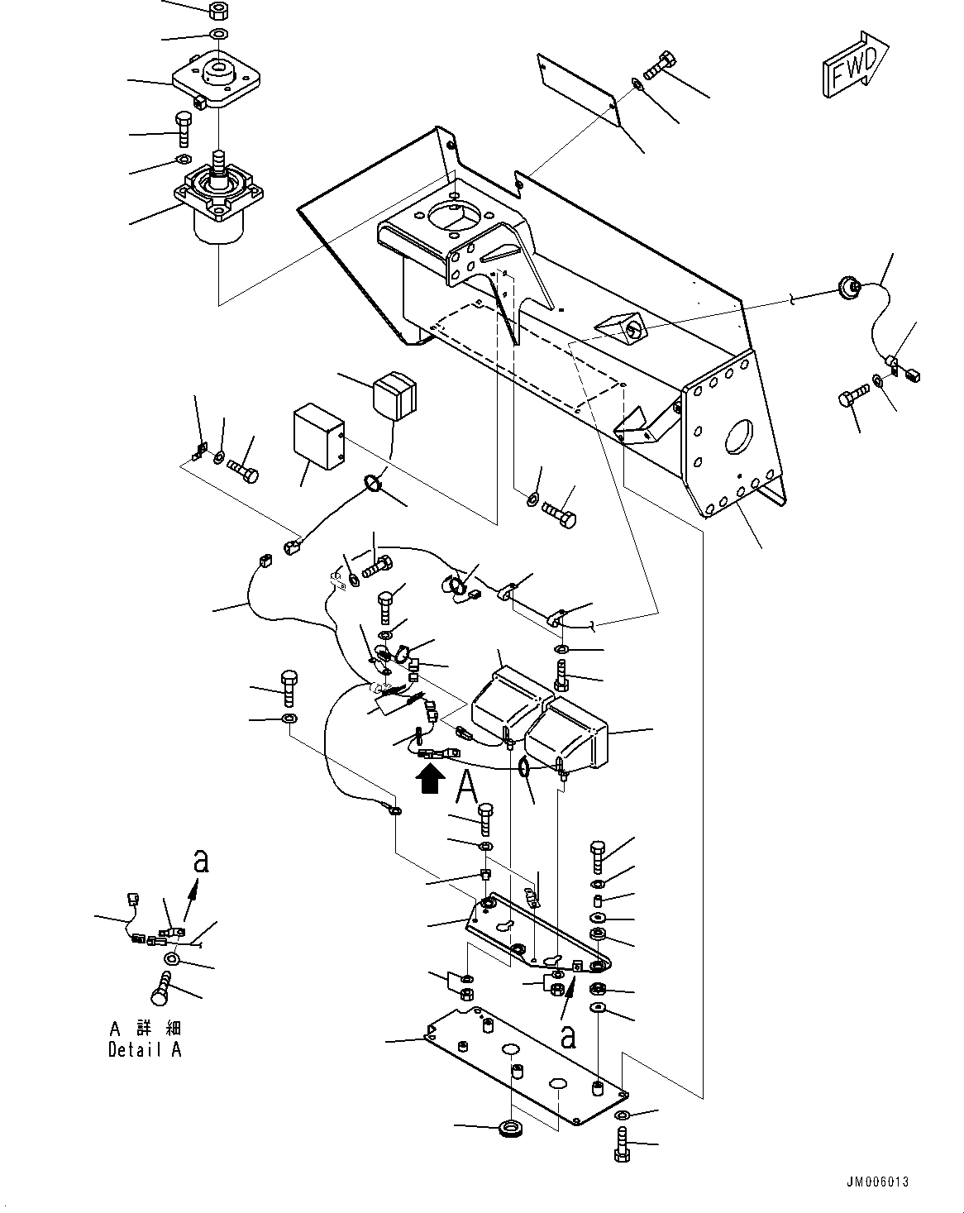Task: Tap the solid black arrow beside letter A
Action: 429,779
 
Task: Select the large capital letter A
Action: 467,786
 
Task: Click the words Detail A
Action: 145,1049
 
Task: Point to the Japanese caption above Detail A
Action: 145,1029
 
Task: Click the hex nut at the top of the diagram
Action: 219,12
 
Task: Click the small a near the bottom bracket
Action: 568,1034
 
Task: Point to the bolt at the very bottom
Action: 623,1150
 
